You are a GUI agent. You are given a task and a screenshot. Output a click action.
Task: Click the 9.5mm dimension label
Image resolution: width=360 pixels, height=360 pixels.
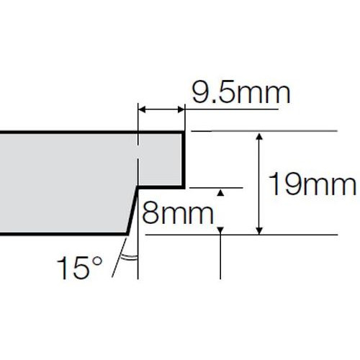tap(241, 94)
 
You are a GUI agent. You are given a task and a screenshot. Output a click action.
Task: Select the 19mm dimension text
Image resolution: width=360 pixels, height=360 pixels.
tap(312, 184)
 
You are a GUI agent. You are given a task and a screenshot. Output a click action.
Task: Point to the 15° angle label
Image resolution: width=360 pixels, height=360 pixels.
tap(79, 268)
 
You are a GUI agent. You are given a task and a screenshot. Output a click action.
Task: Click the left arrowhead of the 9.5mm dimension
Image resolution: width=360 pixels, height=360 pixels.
tap(142, 110)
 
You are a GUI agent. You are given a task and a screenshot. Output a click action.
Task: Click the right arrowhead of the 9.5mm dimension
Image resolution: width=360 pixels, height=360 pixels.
tap(181, 110)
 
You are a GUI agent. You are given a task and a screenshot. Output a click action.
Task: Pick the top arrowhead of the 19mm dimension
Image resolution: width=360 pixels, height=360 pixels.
tap(259, 136)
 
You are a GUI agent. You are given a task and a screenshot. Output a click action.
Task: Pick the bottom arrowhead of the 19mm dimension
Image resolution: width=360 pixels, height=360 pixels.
tap(259, 230)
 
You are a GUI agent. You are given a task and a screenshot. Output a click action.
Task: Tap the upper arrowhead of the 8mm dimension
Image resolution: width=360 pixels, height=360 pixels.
tap(221, 192)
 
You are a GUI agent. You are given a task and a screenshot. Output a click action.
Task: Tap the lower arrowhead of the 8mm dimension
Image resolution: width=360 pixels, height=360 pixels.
tap(220, 230)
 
